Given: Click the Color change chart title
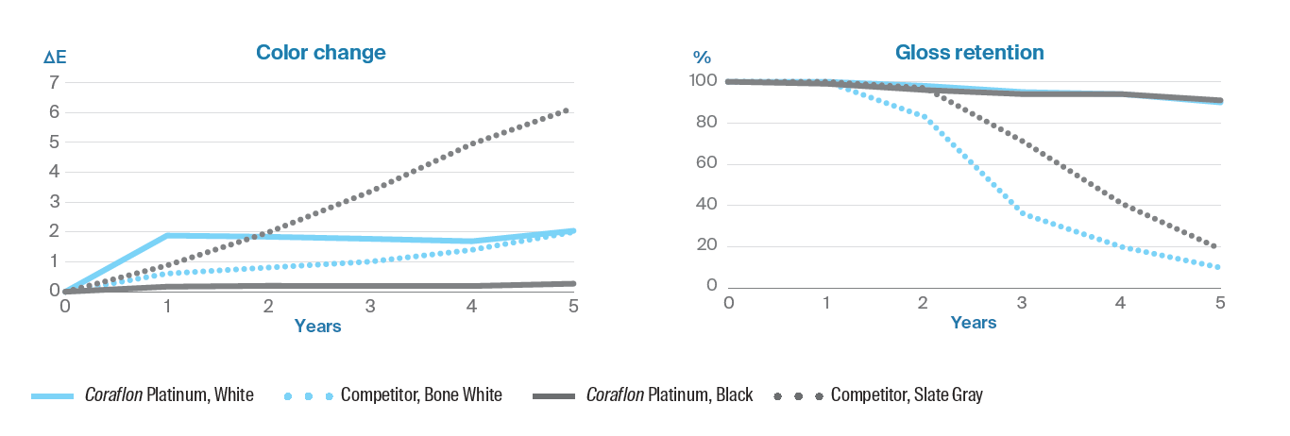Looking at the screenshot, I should point(321,53).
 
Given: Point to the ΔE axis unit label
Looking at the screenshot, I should point(56,59).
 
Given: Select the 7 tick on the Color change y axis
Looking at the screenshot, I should point(54,82).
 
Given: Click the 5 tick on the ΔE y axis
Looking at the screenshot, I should point(54,142).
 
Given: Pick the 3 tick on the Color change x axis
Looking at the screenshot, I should point(370,306).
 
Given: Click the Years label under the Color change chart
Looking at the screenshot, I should point(317,327).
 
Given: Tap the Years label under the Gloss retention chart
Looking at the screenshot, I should point(973,323).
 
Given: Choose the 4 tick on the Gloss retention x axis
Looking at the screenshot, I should point(1121,303).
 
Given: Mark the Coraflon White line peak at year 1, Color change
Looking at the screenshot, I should point(166,235).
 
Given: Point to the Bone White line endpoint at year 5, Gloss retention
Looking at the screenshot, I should point(1220,267).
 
